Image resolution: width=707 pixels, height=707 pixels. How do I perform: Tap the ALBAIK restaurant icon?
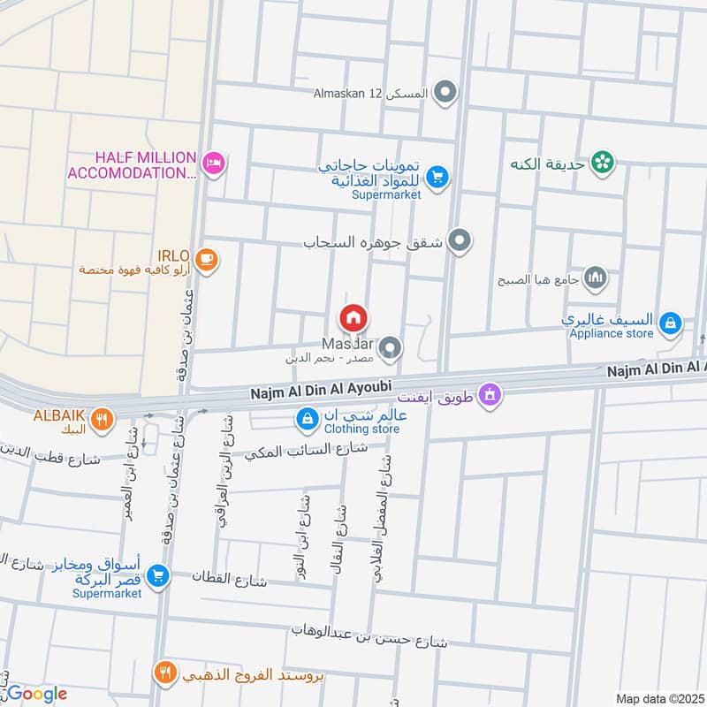pyautogui.click(x=103, y=418)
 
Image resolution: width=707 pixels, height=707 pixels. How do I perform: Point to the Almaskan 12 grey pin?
pyautogui.click(x=447, y=91)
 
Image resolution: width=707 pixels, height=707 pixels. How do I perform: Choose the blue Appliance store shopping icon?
pyautogui.click(x=671, y=323)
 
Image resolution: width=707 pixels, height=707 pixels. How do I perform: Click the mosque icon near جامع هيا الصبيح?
pyautogui.click(x=597, y=278)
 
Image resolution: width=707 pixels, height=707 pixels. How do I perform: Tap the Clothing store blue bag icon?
pyautogui.click(x=307, y=419)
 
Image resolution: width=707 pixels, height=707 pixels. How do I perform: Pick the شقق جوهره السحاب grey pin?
pyautogui.click(x=459, y=239)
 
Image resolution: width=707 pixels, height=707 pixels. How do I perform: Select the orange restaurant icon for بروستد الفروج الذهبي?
pyautogui.click(x=164, y=673)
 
